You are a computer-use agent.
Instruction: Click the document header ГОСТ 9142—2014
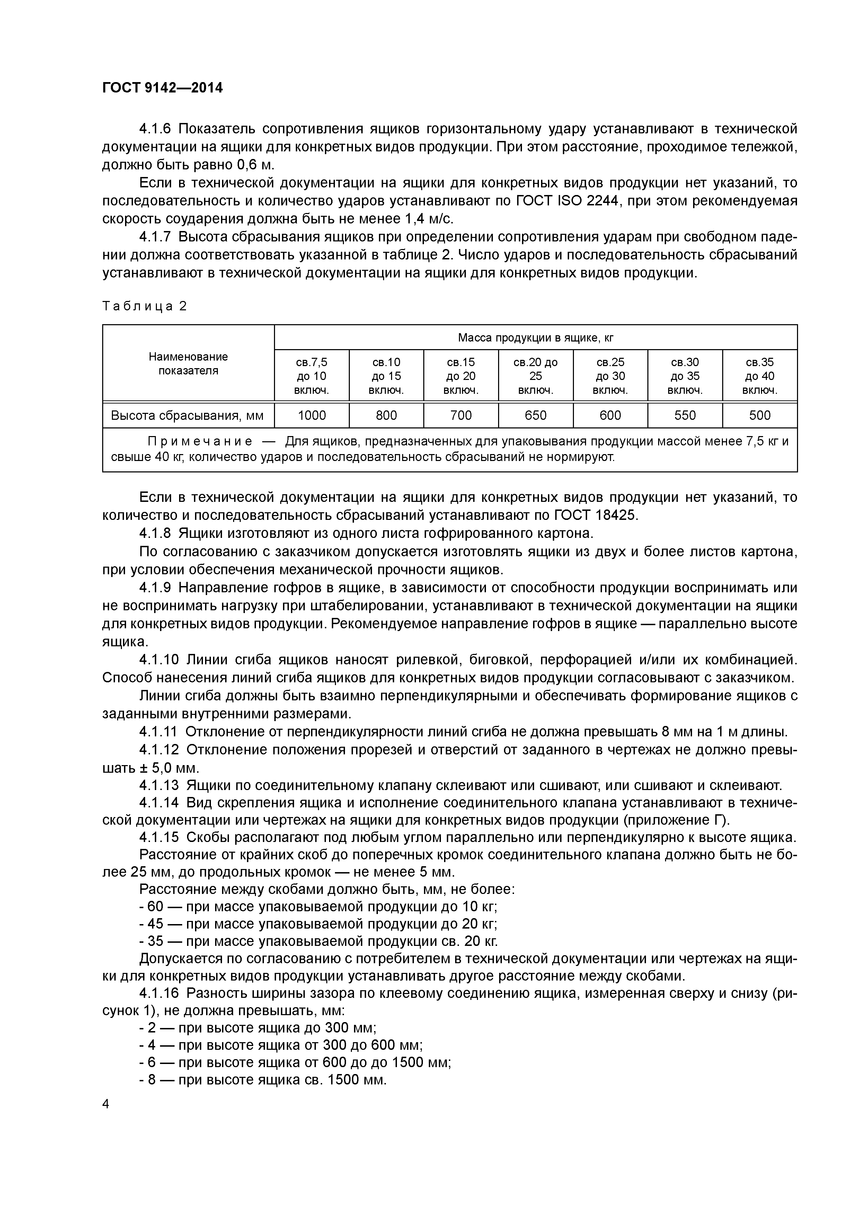click(162, 88)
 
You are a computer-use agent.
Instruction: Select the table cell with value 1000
click(312, 415)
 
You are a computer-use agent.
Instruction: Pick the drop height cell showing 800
click(386, 415)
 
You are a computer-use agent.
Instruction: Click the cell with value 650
click(535, 415)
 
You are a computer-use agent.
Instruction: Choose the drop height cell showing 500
click(760, 415)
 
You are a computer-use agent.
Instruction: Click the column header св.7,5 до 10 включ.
click(312, 376)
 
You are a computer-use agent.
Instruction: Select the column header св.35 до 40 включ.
click(760, 376)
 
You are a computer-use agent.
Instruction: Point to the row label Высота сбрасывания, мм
click(187, 415)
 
